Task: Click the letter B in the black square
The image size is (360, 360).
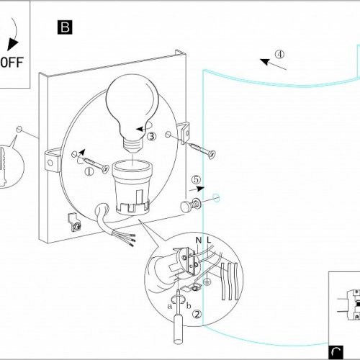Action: (x=65, y=27)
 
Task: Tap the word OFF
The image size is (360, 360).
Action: (x=12, y=63)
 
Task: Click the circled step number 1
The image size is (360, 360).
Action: (x=89, y=172)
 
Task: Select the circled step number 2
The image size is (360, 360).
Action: (x=197, y=314)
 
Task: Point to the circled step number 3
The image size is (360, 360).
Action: (x=151, y=136)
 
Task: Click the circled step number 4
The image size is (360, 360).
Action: (x=279, y=54)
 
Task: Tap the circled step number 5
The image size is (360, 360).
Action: (x=196, y=179)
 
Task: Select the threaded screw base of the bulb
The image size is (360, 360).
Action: (x=132, y=145)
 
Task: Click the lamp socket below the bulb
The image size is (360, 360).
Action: (x=132, y=188)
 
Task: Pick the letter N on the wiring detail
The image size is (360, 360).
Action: (x=199, y=240)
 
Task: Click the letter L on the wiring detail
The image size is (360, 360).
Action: (x=209, y=240)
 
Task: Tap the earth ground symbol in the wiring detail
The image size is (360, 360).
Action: (x=207, y=282)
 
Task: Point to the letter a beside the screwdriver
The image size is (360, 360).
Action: (x=170, y=306)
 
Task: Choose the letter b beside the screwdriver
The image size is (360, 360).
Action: (x=189, y=305)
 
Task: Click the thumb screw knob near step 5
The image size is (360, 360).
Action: (x=186, y=207)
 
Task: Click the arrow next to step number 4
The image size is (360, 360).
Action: (x=273, y=64)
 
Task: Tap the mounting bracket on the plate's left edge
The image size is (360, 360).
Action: (x=53, y=161)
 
